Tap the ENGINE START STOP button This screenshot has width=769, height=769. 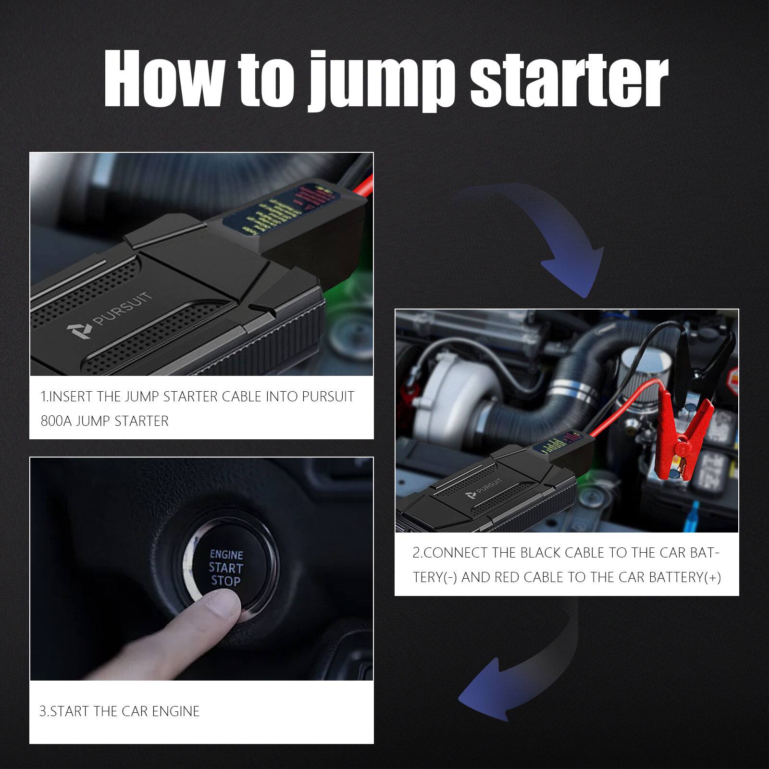click(x=226, y=567)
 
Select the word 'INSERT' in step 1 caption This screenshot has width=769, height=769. click(x=71, y=397)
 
